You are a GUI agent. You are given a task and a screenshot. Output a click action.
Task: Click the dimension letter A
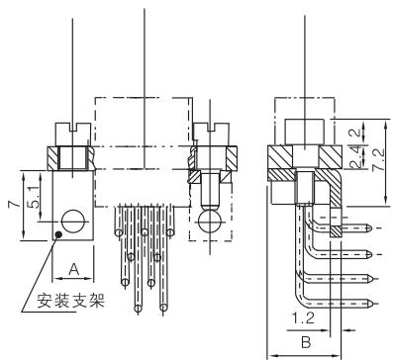click(x=74, y=269)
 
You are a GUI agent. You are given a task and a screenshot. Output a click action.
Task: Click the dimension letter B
click(x=306, y=342)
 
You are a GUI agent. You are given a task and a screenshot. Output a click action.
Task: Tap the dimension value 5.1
click(x=34, y=197)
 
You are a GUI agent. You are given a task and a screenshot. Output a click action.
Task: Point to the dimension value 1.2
click(x=303, y=318)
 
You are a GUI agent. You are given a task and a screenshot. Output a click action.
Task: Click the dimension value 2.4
click(x=356, y=157)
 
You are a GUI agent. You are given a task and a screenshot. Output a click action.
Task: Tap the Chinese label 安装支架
click(x=70, y=300)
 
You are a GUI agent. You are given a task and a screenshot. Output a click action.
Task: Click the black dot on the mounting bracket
click(x=58, y=234)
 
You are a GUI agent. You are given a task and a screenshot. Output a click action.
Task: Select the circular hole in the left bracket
click(x=73, y=222)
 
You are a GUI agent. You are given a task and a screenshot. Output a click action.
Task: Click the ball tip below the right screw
click(x=210, y=221)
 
